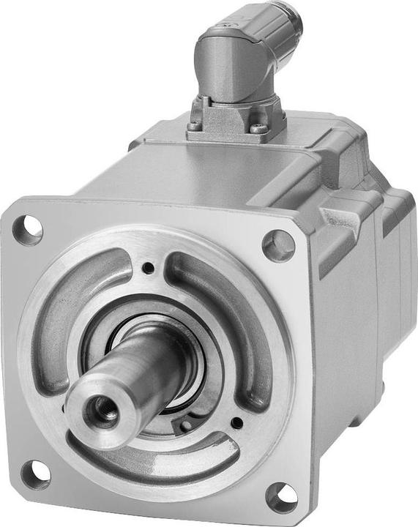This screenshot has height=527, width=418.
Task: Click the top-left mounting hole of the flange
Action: tap(28, 230)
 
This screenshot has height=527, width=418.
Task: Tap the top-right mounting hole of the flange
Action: tap(279, 245)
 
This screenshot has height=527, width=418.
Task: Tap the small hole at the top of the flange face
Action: tap(149, 268)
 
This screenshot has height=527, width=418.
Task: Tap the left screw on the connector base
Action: tap(193, 126)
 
